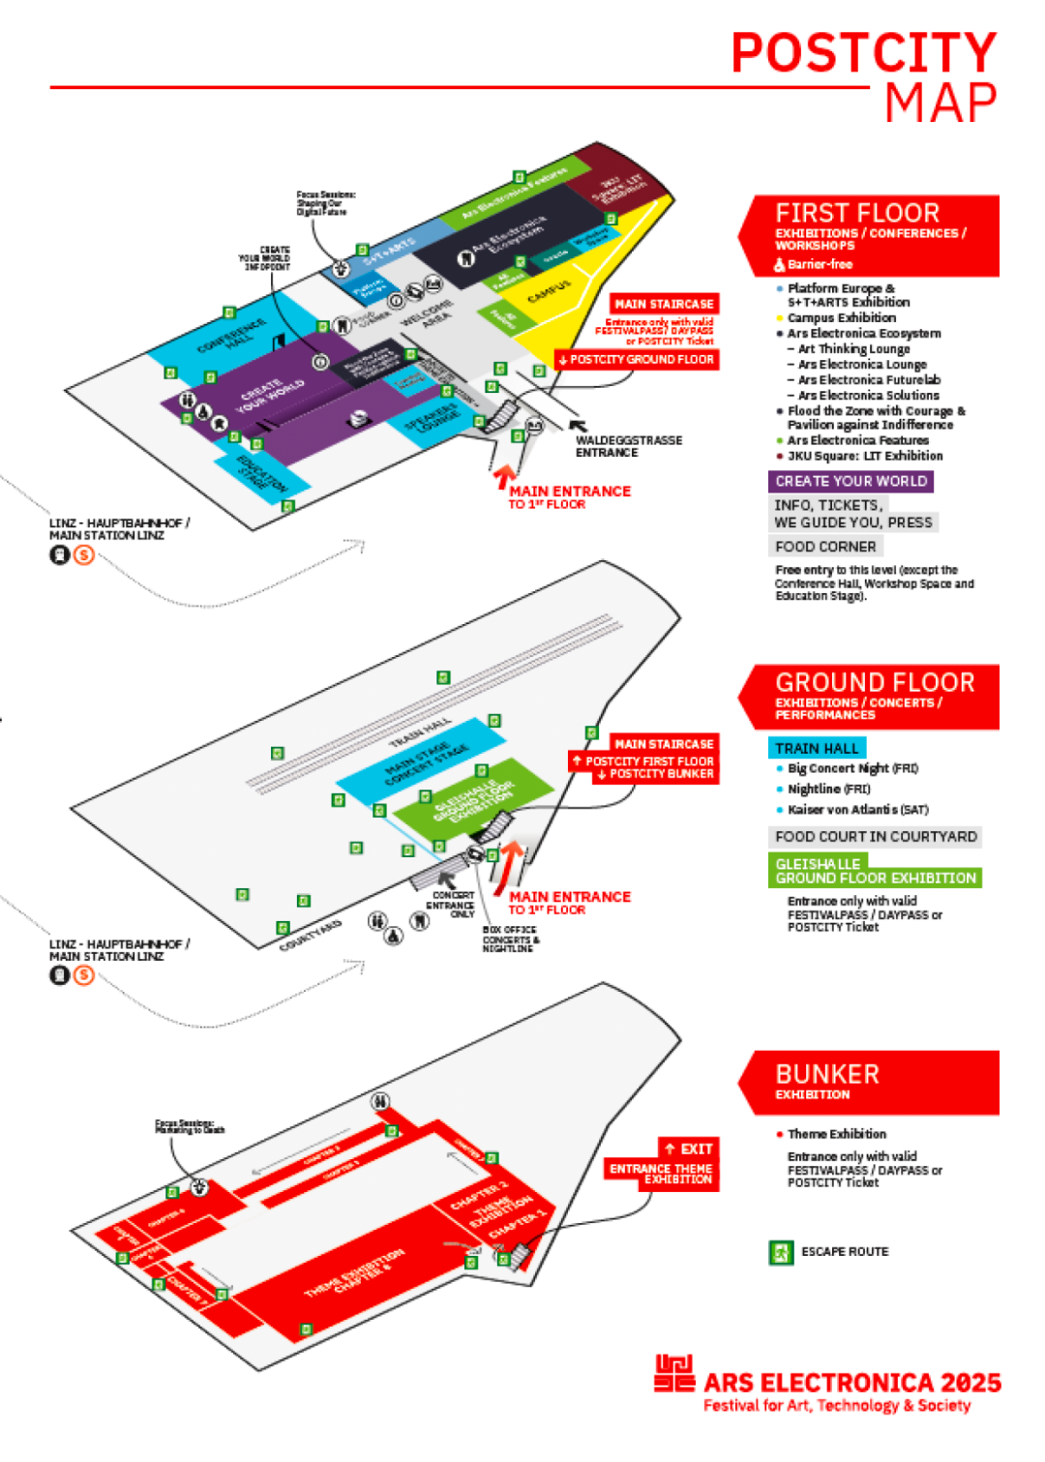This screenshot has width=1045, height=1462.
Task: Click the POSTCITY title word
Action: pos(863,53)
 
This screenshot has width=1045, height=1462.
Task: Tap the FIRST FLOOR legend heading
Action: pos(856,213)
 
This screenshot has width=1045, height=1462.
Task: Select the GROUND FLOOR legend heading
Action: pos(874,682)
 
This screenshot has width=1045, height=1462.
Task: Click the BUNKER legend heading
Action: pos(827,1074)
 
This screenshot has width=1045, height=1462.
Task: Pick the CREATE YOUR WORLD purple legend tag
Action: pos(851,481)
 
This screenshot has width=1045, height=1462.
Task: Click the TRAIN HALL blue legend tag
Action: pos(817,748)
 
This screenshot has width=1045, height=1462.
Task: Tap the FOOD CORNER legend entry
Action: pos(825,547)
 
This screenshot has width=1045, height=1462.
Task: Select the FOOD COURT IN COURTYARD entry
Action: pos(876,837)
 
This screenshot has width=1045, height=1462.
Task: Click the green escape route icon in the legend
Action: pos(780,1252)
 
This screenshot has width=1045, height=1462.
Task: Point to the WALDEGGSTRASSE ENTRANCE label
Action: pos(628,446)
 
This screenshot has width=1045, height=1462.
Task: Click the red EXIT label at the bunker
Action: pos(689,1149)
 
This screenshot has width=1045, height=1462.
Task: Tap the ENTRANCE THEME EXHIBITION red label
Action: pos(662,1174)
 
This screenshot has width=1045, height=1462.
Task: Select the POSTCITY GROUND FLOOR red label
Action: pos(637,360)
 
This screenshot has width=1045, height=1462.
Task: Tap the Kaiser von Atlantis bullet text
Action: pos(857,810)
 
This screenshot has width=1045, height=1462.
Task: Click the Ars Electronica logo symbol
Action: pos(674,1374)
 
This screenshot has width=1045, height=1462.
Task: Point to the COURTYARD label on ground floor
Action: pos(311,935)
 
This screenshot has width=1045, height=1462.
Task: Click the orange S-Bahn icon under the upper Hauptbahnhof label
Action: pos(84,555)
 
